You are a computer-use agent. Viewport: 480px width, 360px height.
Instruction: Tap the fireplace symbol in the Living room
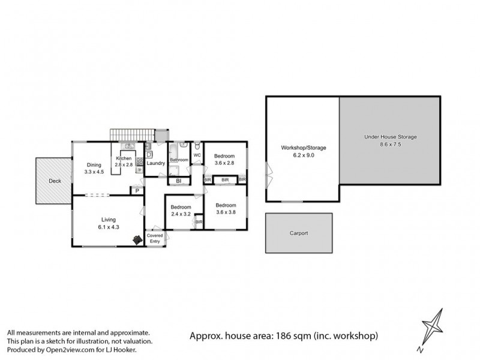(137, 239)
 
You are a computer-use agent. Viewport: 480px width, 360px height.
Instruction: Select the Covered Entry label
(155, 238)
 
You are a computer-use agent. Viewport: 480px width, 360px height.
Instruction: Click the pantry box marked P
(137, 191)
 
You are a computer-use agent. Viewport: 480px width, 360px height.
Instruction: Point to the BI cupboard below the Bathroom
(178, 181)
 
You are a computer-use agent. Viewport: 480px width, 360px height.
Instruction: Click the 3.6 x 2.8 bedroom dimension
(226, 163)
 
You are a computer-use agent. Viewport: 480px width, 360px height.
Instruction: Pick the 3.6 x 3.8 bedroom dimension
(226, 211)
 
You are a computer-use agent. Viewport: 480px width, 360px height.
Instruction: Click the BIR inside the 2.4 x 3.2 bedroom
(199, 222)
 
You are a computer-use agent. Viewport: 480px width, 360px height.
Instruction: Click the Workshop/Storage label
(303, 147)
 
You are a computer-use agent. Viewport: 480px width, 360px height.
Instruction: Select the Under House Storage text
(390, 137)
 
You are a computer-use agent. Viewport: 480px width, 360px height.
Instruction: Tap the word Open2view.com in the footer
(60, 349)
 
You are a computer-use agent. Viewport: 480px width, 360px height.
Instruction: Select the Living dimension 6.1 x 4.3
(109, 227)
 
